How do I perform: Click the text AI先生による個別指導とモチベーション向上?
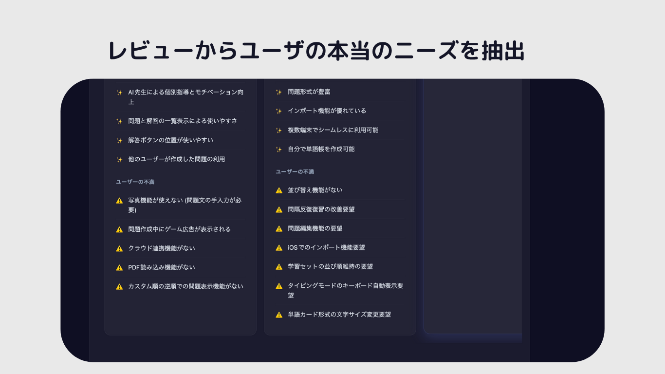pos(185,97)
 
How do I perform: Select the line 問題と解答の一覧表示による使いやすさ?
pos(183,121)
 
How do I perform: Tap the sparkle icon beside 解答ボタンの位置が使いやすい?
pos(119,140)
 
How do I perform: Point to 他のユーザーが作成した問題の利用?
pos(176,159)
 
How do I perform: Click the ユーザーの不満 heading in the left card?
pos(135,182)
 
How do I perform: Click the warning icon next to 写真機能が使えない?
pos(119,200)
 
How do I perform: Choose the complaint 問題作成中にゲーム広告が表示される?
pos(179,229)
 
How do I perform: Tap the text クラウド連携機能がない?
pos(161,248)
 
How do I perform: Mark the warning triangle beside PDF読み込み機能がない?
pos(119,267)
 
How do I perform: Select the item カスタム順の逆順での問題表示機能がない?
pos(185,286)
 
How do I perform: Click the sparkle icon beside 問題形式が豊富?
pos(279,92)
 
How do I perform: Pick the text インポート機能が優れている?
pos(327,111)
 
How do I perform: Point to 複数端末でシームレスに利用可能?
pos(332,130)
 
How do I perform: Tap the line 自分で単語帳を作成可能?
pos(321,149)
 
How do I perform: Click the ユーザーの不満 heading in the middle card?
pos(295,172)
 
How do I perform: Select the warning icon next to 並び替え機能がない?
pos(279,190)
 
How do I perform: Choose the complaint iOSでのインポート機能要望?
pos(326,247)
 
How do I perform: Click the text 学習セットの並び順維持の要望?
pos(330,266)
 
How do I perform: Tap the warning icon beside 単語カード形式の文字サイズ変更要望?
pos(279,315)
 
